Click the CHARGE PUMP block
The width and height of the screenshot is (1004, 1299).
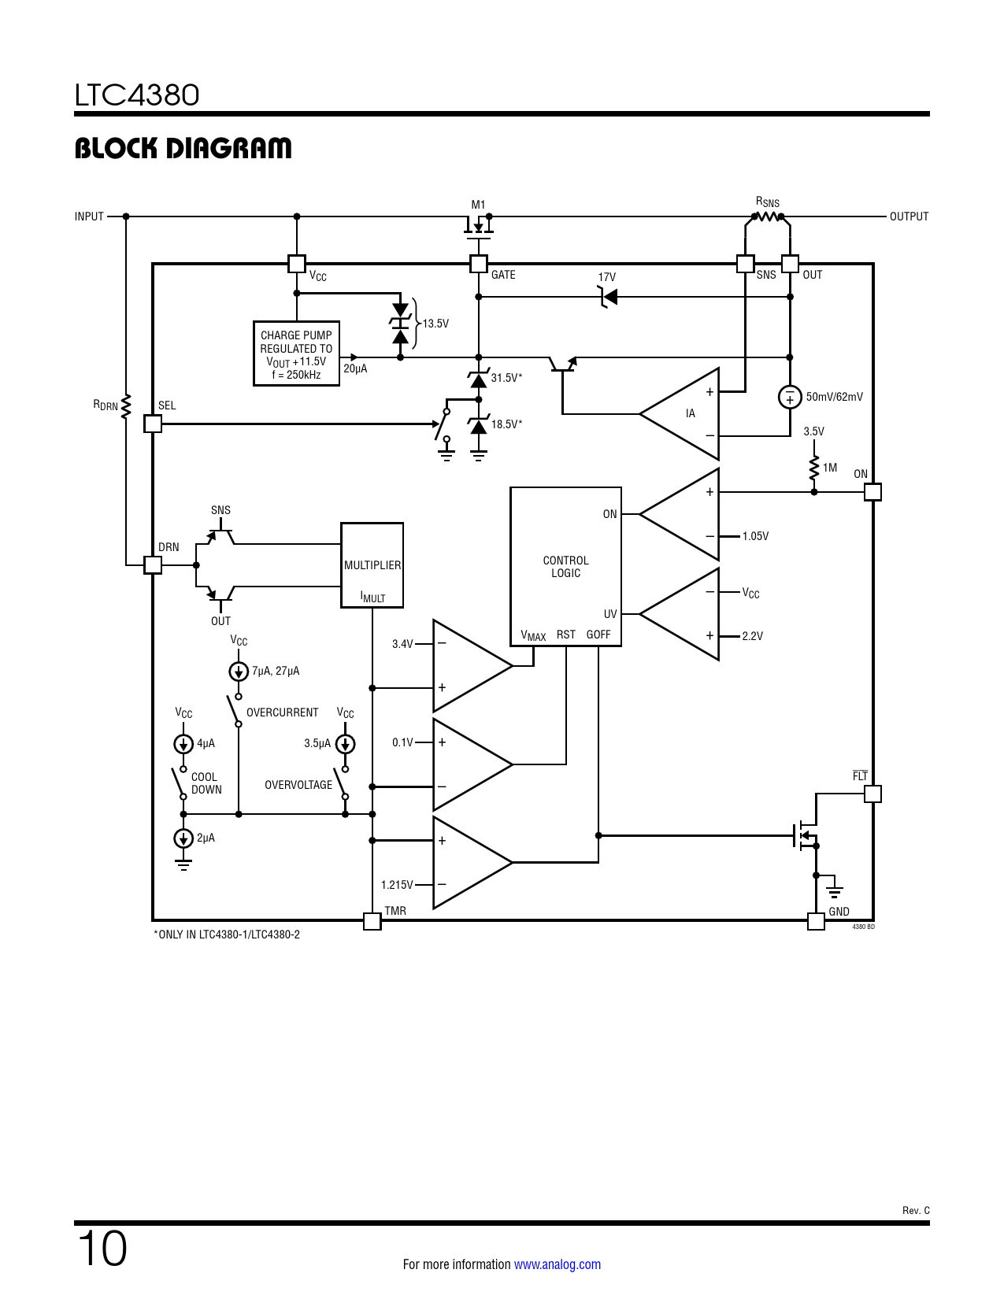click(x=296, y=353)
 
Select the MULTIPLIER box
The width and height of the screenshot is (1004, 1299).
click(x=372, y=565)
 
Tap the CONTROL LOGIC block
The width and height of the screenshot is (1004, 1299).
click(x=565, y=566)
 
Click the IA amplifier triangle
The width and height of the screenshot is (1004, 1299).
click(x=680, y=413)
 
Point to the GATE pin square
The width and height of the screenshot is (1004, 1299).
click(x=479, y=264)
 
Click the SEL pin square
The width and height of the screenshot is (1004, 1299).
click(x=153, y=424)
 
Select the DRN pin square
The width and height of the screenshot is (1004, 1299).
click(x=153, y=565)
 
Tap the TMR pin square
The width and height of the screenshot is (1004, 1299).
click(x=372, y=921)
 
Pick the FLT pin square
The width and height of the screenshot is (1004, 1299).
click(x=872, y=794)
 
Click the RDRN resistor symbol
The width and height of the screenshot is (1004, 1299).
click(x=125, y=406)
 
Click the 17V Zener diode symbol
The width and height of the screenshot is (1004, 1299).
click(x=608, y=297)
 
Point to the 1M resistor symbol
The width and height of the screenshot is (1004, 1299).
click(x=814, y=468)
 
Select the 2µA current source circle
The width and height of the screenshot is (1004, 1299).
click(x=183, y=838)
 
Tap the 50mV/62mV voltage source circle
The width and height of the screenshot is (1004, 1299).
click(x=789, y=397)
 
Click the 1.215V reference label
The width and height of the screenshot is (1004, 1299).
click(x=397, y=885)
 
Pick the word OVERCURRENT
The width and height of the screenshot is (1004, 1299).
click(x=282, y=712)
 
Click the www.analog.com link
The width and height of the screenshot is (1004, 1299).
click(x=558, y=1264)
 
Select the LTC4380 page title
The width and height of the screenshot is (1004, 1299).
click(x=137, y=94)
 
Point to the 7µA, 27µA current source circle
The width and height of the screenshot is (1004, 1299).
click(x=239, y=672)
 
